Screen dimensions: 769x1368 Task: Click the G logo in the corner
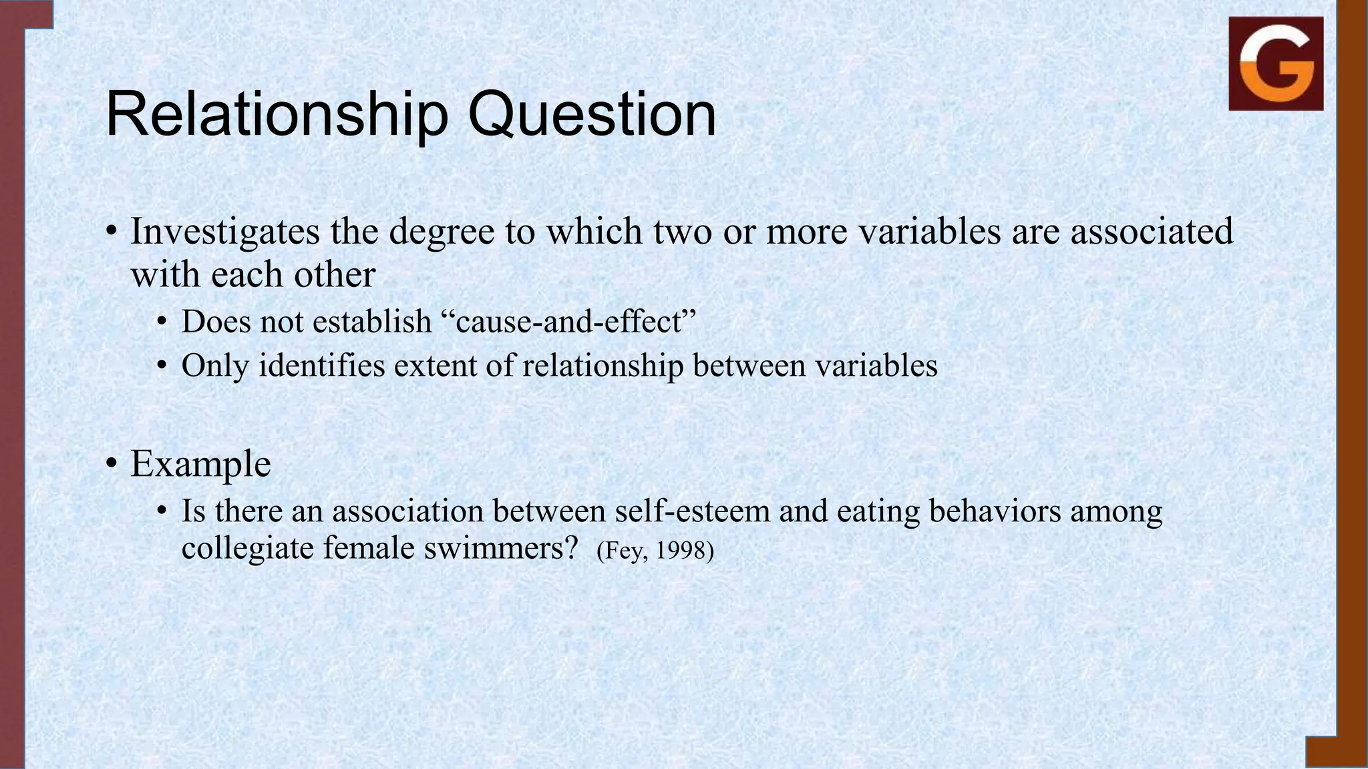[x=1276, y=64]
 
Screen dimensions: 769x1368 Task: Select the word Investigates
[x=225, y=232]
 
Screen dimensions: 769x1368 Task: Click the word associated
[x=1152, y=232]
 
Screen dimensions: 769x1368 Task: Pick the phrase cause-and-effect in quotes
[x=568, y=322]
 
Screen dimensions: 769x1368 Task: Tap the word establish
[x=372, y=322]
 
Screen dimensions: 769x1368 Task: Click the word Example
[x=200, y=464]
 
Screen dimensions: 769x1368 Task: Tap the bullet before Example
[x=112, y=464]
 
